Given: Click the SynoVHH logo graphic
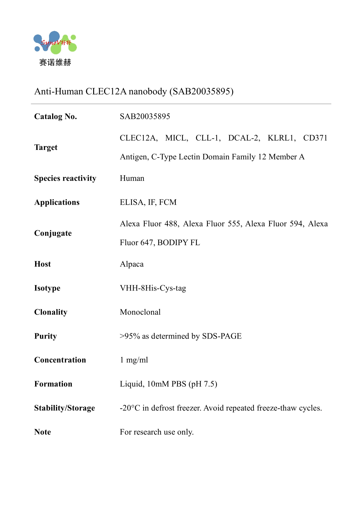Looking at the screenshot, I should pyautogui.click(x=55, y=43).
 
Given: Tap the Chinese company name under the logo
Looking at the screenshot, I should pyautogui.click(x=55, y=63).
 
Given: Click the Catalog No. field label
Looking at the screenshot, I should pyautogui.click(x=56, y=117).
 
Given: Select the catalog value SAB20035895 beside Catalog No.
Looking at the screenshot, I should pyautogui.click(x=145, y=117).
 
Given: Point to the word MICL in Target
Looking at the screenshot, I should pyautogui.click(x=176, y=138).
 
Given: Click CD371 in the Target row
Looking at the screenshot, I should pyautogui.click(x=315, y=138).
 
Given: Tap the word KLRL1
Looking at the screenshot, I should pyautogui.click(x=281, y=138).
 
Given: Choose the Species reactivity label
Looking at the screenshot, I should pyautogui.click(x=65, y=178).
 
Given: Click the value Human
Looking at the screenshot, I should pyautogui.click(x=132, y=178).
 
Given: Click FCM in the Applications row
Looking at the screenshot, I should pyautogui.click(x=168, y=203).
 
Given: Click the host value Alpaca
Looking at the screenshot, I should pyautogui.click(x=132, y=264).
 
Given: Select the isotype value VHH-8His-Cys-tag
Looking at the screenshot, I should pyautogui.click(x=153, y=288).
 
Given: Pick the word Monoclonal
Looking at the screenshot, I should pyautogui.click(x=140, y=312).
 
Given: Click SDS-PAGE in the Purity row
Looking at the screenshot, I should pyautogui.click(x=222, y=336).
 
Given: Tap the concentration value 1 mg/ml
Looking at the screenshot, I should pyautogui.click(x=134, y=360).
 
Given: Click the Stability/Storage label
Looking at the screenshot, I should pyautogui.click(x=64, y=408).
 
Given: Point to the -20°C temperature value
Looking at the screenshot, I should pyautogui.click(x=130, y=408).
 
